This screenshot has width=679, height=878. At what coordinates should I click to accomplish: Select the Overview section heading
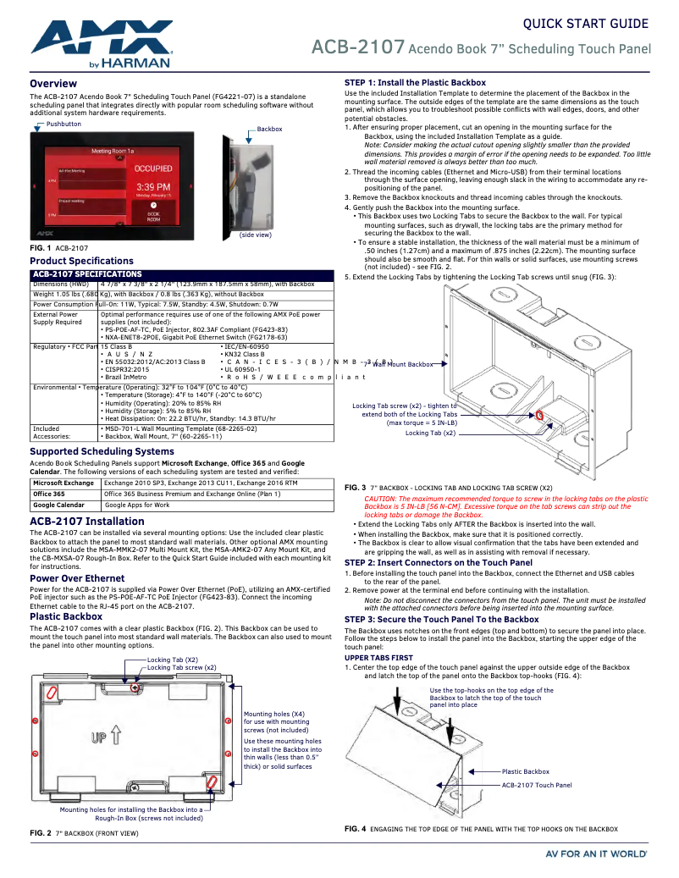pos(53,84)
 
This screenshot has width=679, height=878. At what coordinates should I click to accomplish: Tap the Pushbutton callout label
pos(63,124)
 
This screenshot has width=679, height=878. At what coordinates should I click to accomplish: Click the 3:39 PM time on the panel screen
pos(153,185)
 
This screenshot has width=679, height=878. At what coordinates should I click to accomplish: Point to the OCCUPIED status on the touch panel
pos(153,168)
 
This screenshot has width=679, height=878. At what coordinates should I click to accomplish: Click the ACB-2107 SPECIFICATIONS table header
pos(87,275)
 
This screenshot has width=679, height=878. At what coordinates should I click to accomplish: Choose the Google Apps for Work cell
pos(137,505)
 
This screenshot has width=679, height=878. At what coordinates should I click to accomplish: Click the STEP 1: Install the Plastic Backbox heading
pos(415,82)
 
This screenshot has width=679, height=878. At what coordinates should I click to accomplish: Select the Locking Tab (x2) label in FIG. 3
pos(431,433)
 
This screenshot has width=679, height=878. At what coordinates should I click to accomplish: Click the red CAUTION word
pos(381,500)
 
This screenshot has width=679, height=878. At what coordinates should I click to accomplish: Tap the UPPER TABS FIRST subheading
pos(378,657)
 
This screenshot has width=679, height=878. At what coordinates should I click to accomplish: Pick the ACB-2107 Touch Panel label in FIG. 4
pos(536,785)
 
